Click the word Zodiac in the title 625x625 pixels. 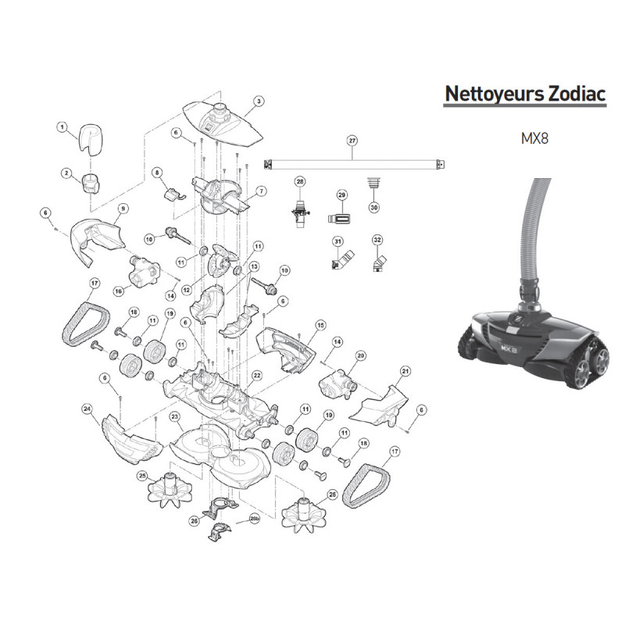[577, 94]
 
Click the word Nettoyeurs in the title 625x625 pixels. [495, 95]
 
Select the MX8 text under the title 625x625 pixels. [534, 138]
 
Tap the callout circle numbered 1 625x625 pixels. [62, 127]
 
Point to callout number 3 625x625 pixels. [259, 102]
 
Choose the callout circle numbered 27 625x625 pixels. [352, 141]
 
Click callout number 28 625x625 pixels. [300, 182]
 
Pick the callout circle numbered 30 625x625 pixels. [374, 207]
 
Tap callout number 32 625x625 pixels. [377, 240]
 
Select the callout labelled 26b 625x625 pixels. [255, 519]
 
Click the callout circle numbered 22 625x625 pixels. [257, 376]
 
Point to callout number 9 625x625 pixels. [123, 209]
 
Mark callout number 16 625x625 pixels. [119, 291]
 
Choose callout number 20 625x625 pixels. [360, 355]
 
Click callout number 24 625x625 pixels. [87, 409]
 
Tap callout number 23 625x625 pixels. [173, 417]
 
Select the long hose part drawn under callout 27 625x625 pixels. [354, 164]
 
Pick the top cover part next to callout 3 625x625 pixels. [223, 122]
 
